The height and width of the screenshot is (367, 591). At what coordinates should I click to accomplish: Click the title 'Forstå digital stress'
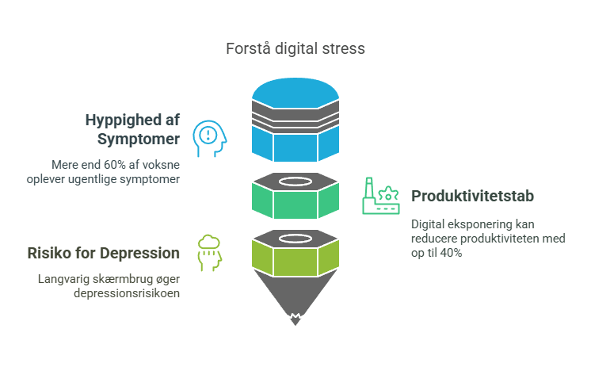coord(295,48)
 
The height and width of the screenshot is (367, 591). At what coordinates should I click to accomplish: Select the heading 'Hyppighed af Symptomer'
coord(133,130)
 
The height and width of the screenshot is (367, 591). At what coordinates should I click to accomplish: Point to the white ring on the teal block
coord(295,181)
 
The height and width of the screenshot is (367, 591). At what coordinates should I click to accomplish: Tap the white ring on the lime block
coord(295,238)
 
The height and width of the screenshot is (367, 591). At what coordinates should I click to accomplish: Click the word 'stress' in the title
coord(347,48)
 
